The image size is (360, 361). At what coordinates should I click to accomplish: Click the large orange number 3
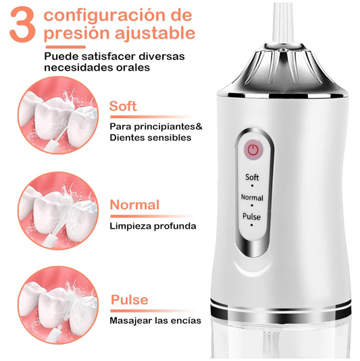tap(23, 25)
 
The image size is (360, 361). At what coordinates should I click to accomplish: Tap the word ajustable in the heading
tap(155, 34)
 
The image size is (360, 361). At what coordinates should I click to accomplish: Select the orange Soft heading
tap(123, 106)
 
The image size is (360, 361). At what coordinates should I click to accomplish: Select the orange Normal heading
tap(134, 204)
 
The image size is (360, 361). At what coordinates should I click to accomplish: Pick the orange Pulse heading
tap(129, 300)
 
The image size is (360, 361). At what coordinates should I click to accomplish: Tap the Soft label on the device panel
tap(252, 177)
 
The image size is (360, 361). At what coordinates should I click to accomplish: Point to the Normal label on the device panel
tap(252, 198)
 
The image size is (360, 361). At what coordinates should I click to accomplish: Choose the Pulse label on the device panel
tap(251, 217)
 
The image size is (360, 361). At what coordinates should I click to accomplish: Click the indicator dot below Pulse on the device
tap(251, 225)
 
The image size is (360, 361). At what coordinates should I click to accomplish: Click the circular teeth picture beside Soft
tap(58, 115)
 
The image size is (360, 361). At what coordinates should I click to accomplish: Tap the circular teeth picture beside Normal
tap(58, 211)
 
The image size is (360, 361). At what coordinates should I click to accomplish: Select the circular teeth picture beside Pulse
tap(58, 305)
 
